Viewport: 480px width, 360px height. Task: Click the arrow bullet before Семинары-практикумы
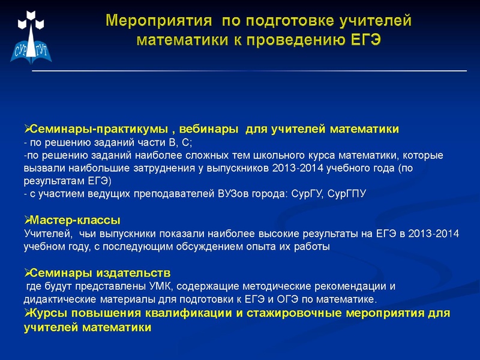(x=26, y=129)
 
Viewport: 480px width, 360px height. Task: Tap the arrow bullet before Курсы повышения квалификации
(x=26, y=314)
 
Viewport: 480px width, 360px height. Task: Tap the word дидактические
(x=59, y=299)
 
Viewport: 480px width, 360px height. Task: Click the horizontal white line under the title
(x=248, y=71)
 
